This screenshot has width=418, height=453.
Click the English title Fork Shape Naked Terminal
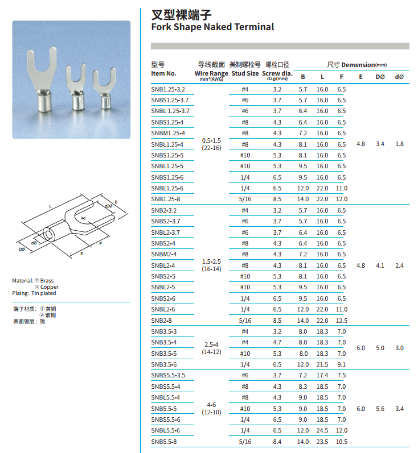(212, 27)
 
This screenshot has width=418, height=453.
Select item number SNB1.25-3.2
(168, 89)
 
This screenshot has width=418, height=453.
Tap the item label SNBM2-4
(164, 254)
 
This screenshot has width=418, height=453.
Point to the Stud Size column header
(245, 73)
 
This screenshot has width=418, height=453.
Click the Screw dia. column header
(277, 73)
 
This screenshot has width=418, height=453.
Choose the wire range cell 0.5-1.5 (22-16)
(211, 144)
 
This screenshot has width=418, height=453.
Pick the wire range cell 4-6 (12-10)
(211, 409)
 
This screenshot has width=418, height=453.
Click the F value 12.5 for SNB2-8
(342, 321)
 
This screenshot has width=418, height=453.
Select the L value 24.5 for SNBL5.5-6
(322, 430)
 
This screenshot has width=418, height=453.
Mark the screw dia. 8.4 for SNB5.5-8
(277, 442)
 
